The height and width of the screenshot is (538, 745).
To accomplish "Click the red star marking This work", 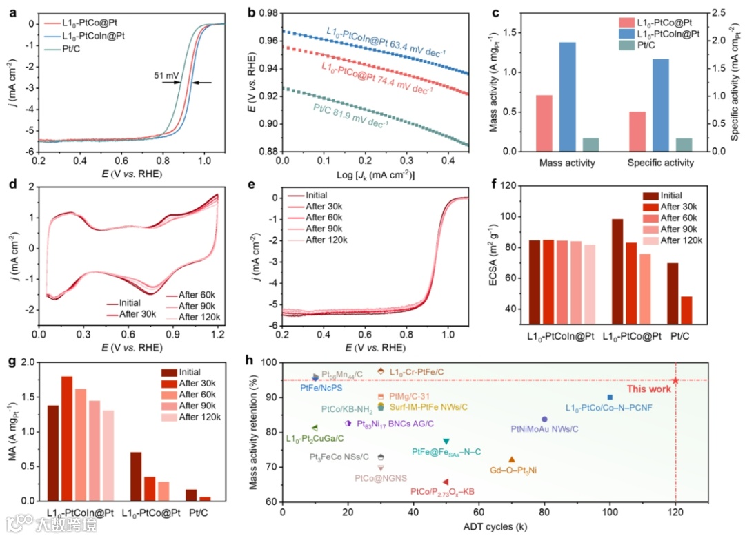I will point(675,380).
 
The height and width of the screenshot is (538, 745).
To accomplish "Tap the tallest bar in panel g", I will point(67,438).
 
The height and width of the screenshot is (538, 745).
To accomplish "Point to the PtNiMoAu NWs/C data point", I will point(544,419).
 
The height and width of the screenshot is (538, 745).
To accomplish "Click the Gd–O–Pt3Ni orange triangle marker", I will point(511,459).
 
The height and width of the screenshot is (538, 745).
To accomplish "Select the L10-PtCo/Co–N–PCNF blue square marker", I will point(610,397).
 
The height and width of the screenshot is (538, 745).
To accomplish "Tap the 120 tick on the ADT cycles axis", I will point(675,513).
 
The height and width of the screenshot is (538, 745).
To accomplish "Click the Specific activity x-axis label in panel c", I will point(662,163).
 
